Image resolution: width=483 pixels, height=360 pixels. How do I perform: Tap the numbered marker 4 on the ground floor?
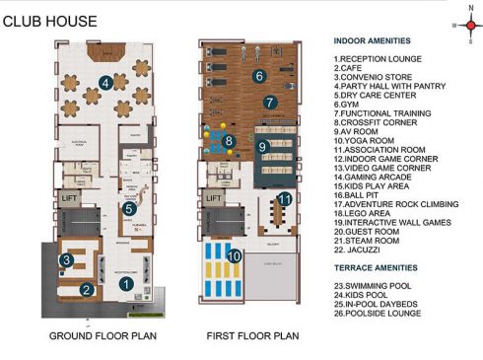point(105,82)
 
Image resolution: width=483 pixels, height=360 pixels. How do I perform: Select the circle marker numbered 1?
point(125,284)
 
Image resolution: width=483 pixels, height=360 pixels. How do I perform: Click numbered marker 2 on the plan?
point(87,289)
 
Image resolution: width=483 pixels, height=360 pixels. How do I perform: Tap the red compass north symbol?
point(458,27)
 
